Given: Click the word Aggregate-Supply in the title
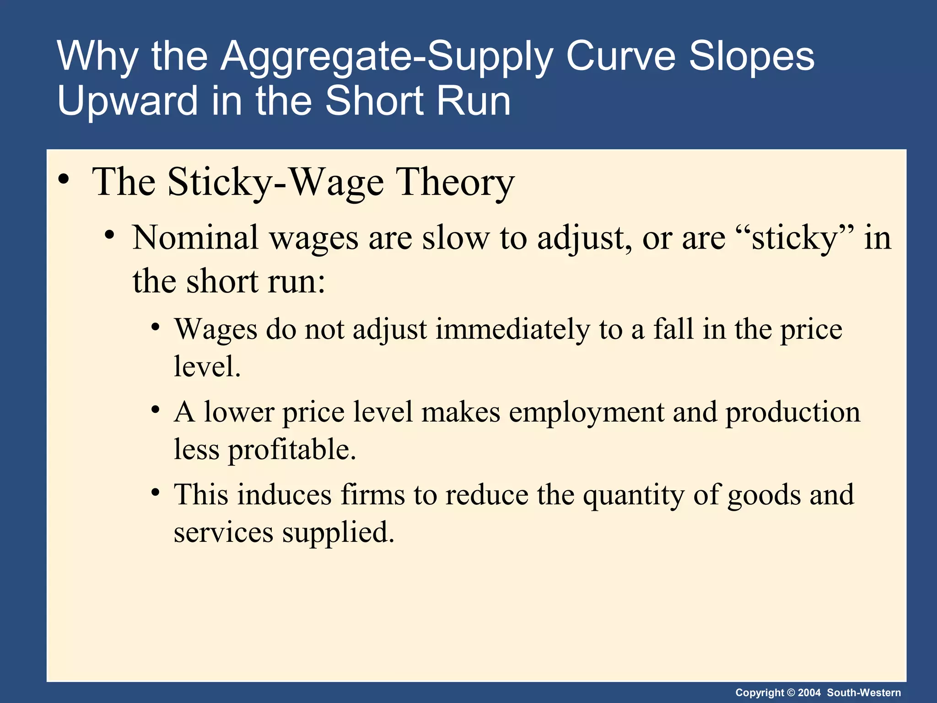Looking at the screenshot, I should click(386, 57).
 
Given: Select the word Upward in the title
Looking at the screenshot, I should click(127, 101).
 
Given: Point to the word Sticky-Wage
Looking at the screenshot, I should click(275, 183).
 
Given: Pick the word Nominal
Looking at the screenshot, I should click(195, 238).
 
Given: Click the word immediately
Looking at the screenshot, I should click(512, 330).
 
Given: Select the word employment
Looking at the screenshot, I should click(586, 412).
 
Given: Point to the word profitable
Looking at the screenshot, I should click(292, 449).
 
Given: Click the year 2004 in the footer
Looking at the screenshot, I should click(809, 692).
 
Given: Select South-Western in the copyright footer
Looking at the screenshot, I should click(864, 692).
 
